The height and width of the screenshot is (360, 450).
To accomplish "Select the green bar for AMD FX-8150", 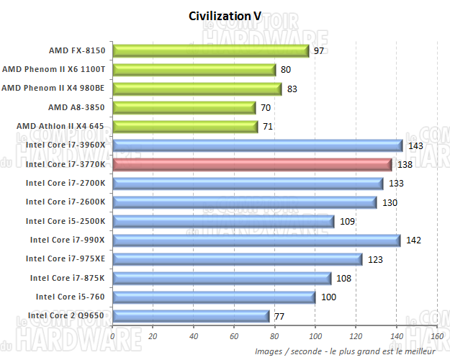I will (x=210, y=50).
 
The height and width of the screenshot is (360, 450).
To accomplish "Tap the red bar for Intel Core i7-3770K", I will (x=252, y=164).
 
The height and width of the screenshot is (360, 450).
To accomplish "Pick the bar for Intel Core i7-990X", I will (x=256, y=240).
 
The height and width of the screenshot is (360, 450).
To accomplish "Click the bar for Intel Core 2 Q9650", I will (x=191, y=315).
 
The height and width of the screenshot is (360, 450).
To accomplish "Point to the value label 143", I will (x=415, y=145).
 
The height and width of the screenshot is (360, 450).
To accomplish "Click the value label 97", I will (x=319, y=51).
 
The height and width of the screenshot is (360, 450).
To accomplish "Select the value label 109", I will (x=346, y=221).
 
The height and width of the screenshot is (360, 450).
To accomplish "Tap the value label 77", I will (x=279, y=315).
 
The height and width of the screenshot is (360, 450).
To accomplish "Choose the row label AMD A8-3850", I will (x=77, y=107).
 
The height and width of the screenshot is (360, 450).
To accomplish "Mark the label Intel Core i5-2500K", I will (x=66, y=221).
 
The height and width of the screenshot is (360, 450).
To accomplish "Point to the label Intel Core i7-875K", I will (x=68, y=277).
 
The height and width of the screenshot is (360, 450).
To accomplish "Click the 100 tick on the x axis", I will (x=315, y=336).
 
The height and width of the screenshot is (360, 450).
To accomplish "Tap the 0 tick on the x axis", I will (x=113, y=336).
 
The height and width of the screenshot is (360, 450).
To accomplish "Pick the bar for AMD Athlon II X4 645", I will (x=185, y=127).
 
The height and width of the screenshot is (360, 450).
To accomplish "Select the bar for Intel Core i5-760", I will (x=214, y=297).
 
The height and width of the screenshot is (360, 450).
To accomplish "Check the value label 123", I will (x=375, y=258).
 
